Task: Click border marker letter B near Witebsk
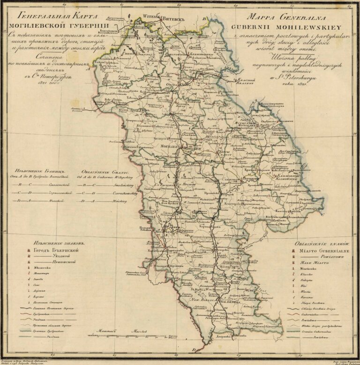click(x=204, y=19)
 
